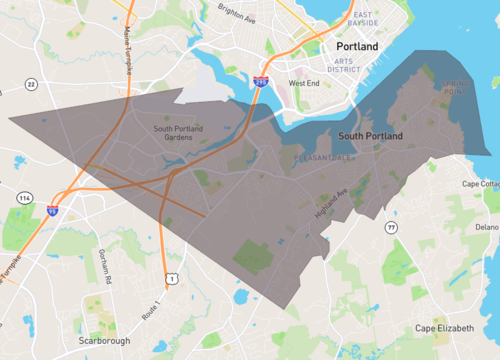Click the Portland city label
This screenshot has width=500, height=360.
point(358,47)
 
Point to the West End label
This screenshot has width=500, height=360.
point(304,83)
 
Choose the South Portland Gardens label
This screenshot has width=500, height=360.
point(180,133)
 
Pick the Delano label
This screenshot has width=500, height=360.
point(487,227)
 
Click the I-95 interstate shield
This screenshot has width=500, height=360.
point(52,210)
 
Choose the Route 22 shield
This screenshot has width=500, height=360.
point(31,85)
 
